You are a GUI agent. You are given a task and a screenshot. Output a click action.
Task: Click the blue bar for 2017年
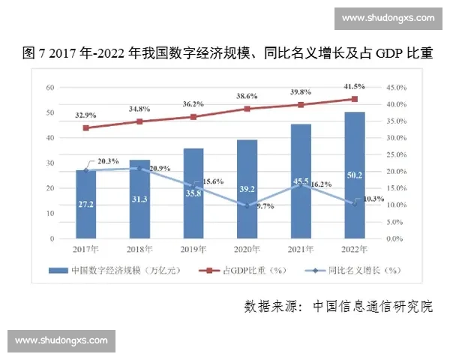coord(85,204)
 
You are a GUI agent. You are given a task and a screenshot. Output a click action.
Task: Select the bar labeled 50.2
coord(354,175)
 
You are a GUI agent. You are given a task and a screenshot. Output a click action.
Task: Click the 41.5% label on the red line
coord(355,87)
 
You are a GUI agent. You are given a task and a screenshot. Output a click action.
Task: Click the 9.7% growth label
coord(265,205)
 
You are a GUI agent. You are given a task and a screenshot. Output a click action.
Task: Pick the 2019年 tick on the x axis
coord(193,249)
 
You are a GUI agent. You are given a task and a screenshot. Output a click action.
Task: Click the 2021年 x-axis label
coord(300,249)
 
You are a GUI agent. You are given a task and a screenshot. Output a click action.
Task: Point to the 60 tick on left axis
coord(51,87)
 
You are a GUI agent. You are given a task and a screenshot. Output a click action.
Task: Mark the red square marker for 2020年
coord(247,109)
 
